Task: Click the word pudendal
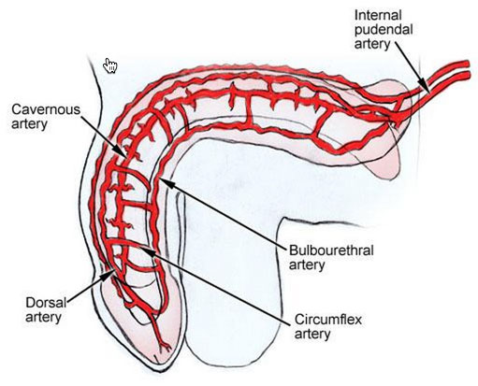(x=384, y=30)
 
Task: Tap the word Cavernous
(x=46, y=109)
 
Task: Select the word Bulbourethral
(x=331, y=250)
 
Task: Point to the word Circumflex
(x=328, y=320)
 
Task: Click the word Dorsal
(x=46, y=303)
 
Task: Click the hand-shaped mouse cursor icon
(x=110, y=65)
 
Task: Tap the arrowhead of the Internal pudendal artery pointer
(x=425, y=86)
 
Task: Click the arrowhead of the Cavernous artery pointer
(x=122, y=151)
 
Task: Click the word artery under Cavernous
(x=29, y=124)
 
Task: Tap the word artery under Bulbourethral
(x=307, y=265)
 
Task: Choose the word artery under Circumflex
(x=312, y=335)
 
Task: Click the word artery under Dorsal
(x=43, y=318)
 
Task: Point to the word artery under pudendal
(x=372, y=44)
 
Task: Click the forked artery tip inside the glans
(x=165, y=346)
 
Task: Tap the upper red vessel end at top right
(x=467, y=64)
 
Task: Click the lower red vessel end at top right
(x=467, y=75)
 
